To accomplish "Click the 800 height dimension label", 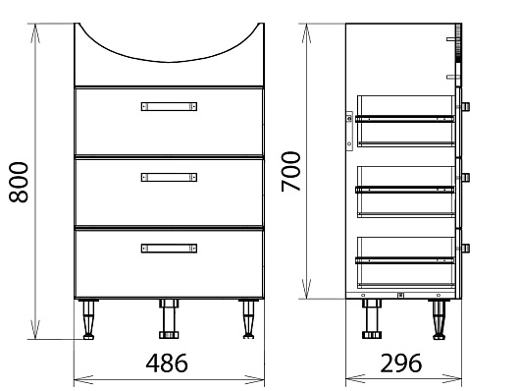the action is tap(19, 182).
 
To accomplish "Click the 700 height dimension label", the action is tap(290, 171).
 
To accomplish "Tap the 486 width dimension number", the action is tap(167, 363).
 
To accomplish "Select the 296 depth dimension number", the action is tap(401, 363).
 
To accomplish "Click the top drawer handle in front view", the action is tap(169, 106).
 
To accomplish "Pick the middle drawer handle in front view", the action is tap(169, 177).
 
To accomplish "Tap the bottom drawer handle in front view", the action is tap(169, 249).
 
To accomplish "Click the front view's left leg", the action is tap(88, 319).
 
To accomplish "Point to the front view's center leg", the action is tap(169, 319).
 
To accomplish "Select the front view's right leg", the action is tap(249, 319).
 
